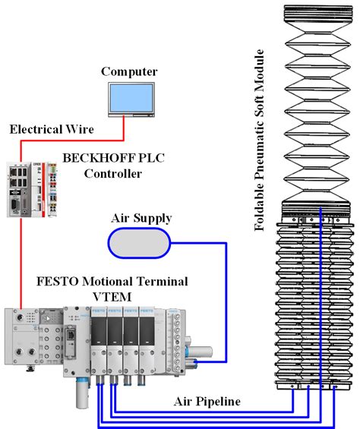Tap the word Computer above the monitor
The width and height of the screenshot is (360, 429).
point(129,71)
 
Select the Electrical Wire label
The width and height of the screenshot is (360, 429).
point(51,130)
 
